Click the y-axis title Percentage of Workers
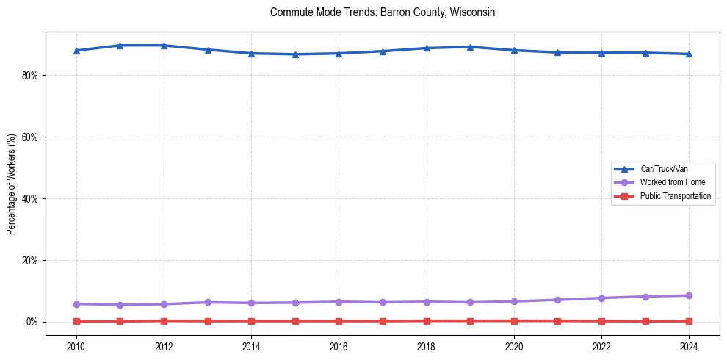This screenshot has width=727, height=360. [x=11, y=183]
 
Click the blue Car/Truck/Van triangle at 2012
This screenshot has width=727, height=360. [x=164, y=46]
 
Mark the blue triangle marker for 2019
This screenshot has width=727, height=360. [x=470, y=47]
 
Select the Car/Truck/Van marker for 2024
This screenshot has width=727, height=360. [x=689, y=54]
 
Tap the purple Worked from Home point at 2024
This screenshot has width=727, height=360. [x=689, y=295]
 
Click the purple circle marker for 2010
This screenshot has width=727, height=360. [x=76, y=303]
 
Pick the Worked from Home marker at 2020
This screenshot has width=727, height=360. [x=514, y=301]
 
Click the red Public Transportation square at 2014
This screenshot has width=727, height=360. [x=251, y=321]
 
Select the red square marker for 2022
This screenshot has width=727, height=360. [x=601, y=321]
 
